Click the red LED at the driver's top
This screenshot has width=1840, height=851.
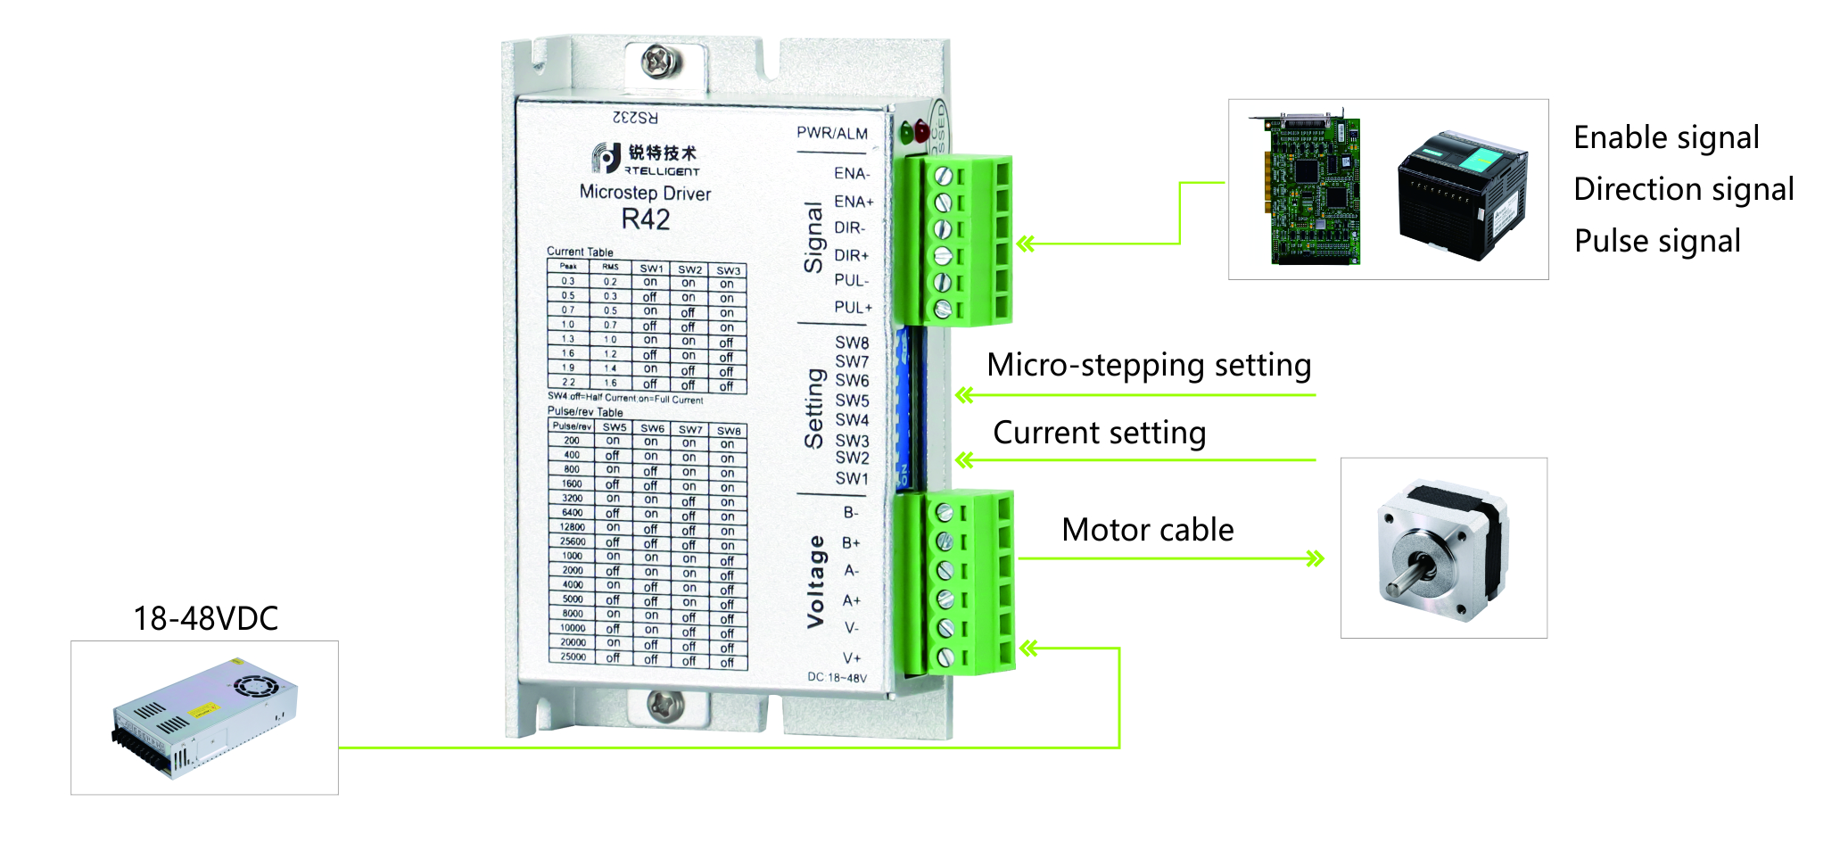pyautogui.click(x=921, y=134)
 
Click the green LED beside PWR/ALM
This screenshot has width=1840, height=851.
pyautogui.click(x=907, y=134)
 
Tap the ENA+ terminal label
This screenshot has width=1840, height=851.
pyautogui.click(x=853, y=202)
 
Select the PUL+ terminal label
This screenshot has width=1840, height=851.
pyautogui.click(x=853, y=307)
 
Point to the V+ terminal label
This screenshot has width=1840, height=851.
pyautogui.click(x=852, y=657)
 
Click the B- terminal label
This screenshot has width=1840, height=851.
pyautogui.click(x=851, y=513)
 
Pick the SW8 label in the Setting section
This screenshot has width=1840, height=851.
pyautogui.click(x=852, y=343)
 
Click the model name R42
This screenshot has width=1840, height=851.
pyautogui.click(x=645, y=219)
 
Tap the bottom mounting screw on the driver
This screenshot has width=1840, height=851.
pyautogui.click(x=664, y=705)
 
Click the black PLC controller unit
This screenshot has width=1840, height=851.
pyautogui.click(x=1462, y=194)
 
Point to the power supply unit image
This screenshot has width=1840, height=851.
pyautogui.click(x=204, y=718)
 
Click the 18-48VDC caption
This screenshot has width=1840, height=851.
pyautogui.click(x=205, y=618)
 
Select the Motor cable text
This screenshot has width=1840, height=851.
pyautogui.click(x=1147, y=530)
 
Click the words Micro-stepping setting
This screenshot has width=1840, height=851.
pyautogui.click(x=1149, y=365)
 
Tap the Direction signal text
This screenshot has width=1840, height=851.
pyautogui.click(x=1683, y=189)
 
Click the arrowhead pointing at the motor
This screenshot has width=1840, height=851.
pyautogui.click(x=1315, y=559)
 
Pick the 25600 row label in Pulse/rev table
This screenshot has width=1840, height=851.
pyautogui.click(x=573, y=541)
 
